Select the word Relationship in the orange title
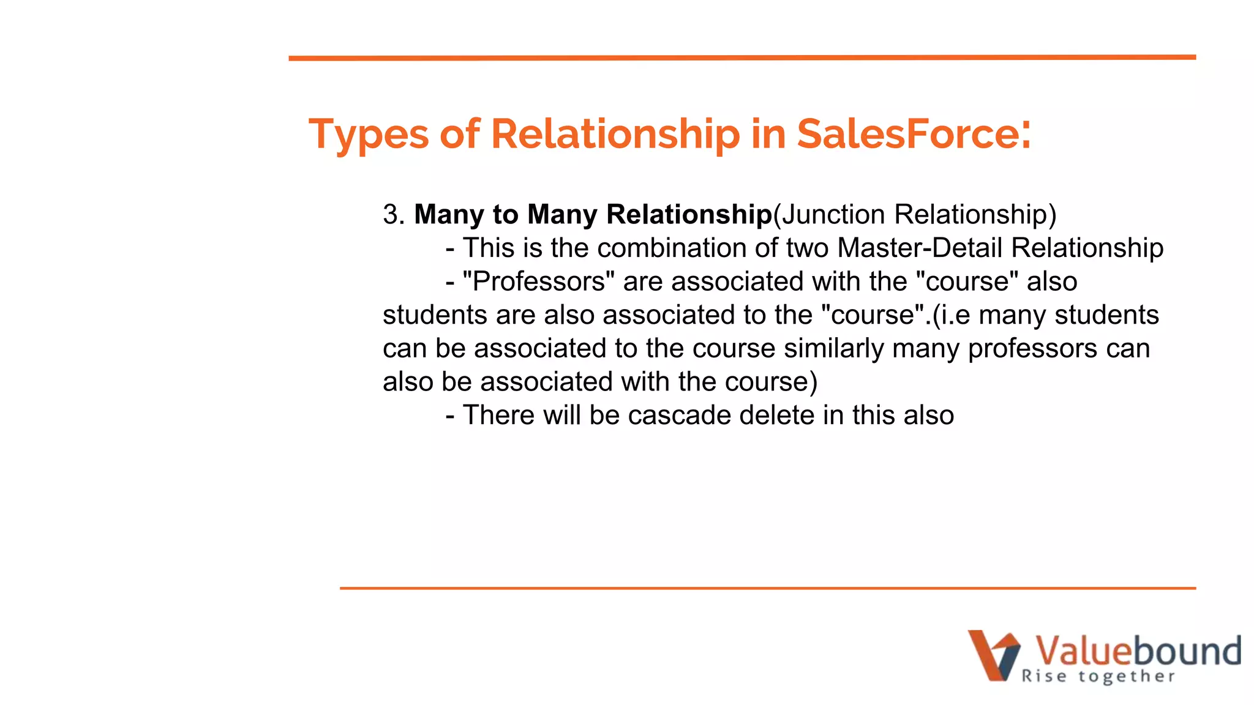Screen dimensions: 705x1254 (x=615, y=134)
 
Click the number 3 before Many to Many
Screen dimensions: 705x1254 (x=390, y=215)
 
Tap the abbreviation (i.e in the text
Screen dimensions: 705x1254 (x=952, y=315)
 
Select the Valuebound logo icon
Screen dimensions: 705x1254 (x=993, y=655)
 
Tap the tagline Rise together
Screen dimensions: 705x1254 (x=1098, y=676)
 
